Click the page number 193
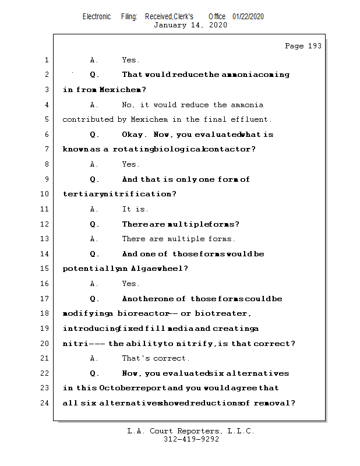pos(314,46)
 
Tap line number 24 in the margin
pos(45,403)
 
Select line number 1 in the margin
pos(46,60)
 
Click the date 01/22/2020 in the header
pos(248,16)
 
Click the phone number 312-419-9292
pos(191,439)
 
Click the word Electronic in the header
pos(97,16)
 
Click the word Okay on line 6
pos(135,135)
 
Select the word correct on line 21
pos(171,358)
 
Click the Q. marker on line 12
pos(95,224)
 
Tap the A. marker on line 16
pos(94,284)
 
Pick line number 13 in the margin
pos(45,239)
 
